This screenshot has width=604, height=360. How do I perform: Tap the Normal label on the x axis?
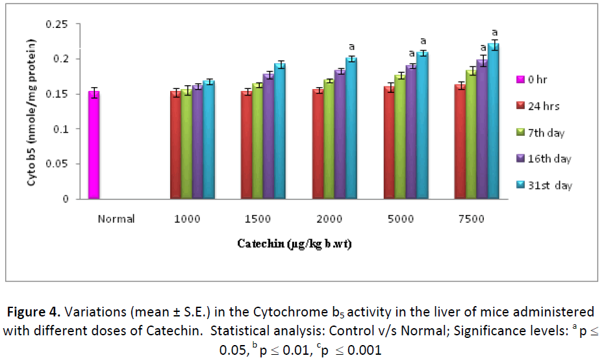pos(116,219)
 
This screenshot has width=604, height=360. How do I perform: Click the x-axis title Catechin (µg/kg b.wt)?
pos(294,244)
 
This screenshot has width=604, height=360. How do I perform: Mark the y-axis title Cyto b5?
pos(31,111)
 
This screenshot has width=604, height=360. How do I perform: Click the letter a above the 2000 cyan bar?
pos(351,47)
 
